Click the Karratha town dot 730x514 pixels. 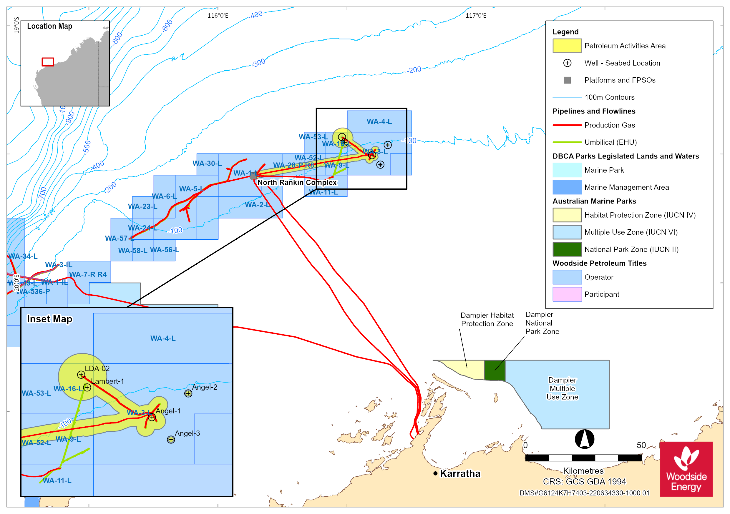click(x=435, y=473)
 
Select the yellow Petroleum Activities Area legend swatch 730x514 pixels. click(x=567, y=46)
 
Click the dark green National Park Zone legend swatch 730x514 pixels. click(x=567, y=249)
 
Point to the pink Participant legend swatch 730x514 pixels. click(x=567, y=294)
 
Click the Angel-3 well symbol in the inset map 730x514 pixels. click(x=171, y=440)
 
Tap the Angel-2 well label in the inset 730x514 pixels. click(x=205, y=387)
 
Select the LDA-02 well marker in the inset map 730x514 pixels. click(x=81, y=375)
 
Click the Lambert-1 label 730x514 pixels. click(x=107, y=381)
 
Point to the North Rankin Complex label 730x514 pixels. click(x=297, y=182)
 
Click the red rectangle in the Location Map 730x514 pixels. click(x=48, y=62)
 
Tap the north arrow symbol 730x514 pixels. click(x=584, y=439)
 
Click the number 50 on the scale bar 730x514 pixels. click(x=641, y=445)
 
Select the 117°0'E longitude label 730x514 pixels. click(x=476, y=16)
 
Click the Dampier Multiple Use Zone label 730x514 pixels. click(x=562, y=388)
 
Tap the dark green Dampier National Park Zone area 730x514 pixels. click(x=495, y=370)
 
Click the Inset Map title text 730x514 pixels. click(x=50, y=319)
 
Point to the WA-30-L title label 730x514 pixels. click(x=207, y=163)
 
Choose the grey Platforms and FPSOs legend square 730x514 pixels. click(x=567, y=80)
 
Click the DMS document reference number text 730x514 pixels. click(x=584, y=493)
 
